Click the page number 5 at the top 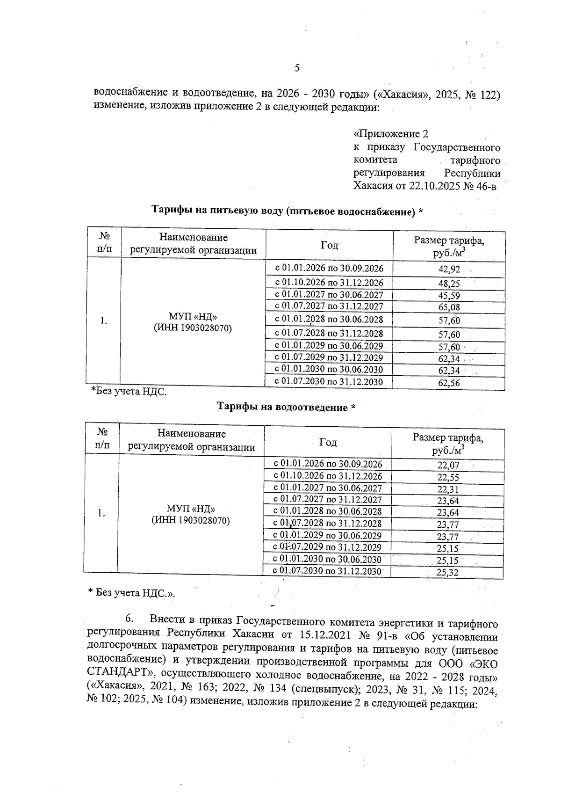click(297, 68)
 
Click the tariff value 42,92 click(449, 270)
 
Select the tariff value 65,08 click(449, 307)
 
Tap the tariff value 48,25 click(449, 284)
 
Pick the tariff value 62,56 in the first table click(449, 383)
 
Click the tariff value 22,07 click(448, 466)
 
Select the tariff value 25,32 click(448, 572)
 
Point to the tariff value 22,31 click(448, 489)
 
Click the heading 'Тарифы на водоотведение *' click(286, 407)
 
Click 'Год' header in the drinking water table click(329, 245)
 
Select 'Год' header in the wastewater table click(328, 442)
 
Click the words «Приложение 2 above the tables click(391, 134)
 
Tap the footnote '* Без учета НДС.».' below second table click(132, 593)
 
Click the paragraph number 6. click(129, 619)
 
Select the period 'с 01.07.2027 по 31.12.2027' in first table click(329, 306)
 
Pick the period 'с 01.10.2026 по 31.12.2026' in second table click(328, 476)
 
